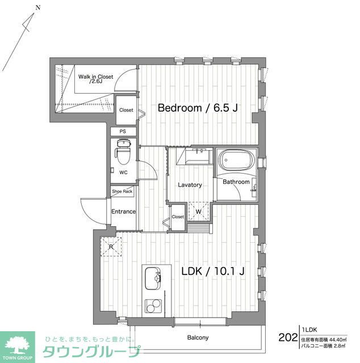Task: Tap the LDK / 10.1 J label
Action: point(212,271)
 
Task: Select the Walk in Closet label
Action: point(95,78)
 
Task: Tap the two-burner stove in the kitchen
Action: point(153,306)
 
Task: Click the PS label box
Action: point(123,132)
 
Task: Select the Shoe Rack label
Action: point(122,192)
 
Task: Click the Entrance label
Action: point(123,212)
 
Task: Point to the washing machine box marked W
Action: point(198,210)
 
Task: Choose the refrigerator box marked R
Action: point(111,246)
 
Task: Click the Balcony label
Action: point(198,338)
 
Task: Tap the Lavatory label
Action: point(190,185)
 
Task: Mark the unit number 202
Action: point(288,337)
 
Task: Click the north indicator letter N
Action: point(37,8)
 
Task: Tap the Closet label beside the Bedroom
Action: point(126,110)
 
